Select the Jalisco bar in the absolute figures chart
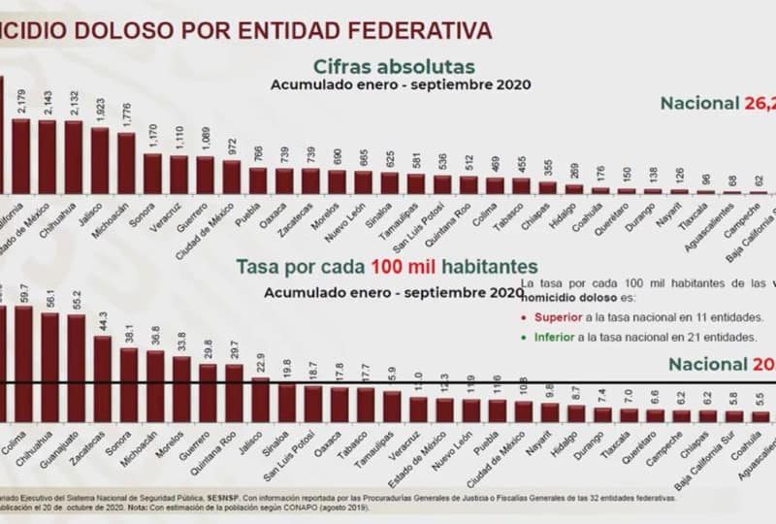(100, 159)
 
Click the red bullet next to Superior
(524, 317)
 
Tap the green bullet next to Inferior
(524, 337)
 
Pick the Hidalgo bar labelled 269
(573, 188)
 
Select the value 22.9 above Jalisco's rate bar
(259, 364)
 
